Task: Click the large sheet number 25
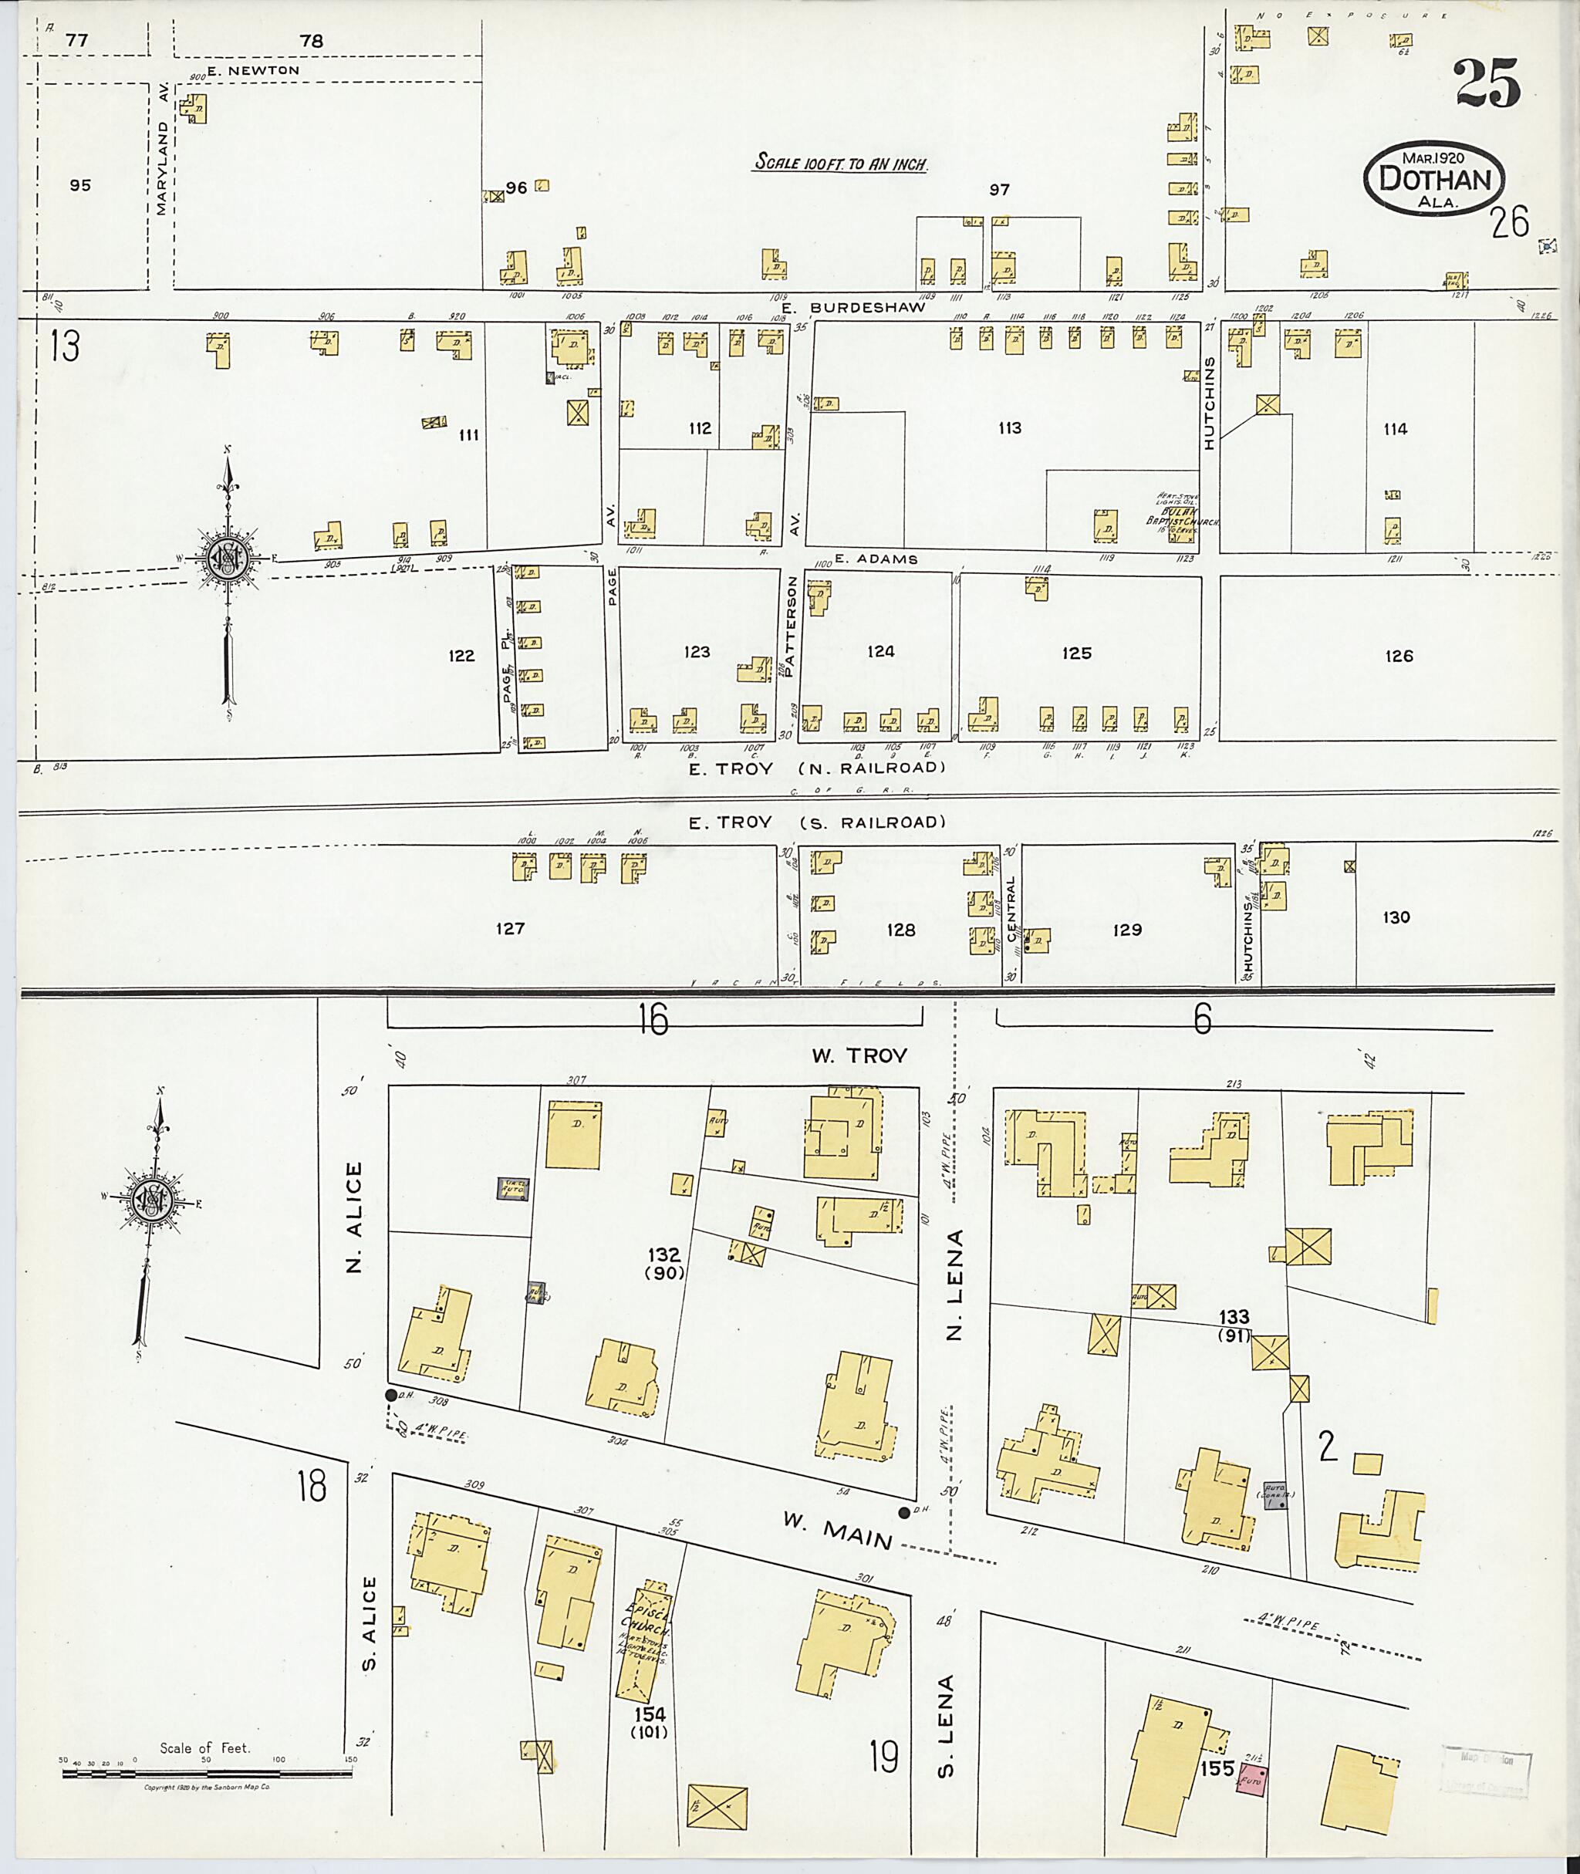pyautogui.click(x=1487, y=83)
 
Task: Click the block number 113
pyautogui.click(x=1009, y=428)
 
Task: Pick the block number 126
pyautogui.click(x=1398, y=656)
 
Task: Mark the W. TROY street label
pyautogui.click(x=859, y=1055)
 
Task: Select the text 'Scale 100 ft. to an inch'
pyautogui.click(x=839, y=164)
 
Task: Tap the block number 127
pyautogui.click(x=510, y=928)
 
